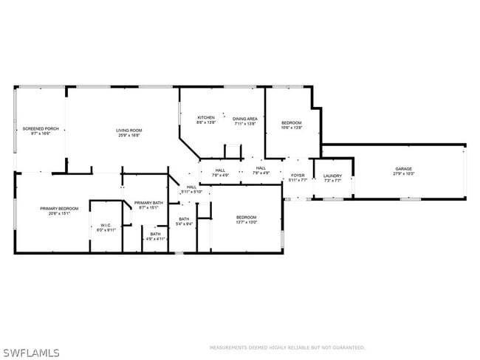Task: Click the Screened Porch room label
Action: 40,128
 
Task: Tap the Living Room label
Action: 128,131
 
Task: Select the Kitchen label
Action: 205,118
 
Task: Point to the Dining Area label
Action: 244,119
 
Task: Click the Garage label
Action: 403,169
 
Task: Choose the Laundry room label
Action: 332,176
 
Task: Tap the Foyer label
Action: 298,176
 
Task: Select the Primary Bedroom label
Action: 59,209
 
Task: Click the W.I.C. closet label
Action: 106,226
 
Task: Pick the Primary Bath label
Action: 148,203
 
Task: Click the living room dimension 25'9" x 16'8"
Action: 128,136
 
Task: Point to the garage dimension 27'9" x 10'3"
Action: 403,174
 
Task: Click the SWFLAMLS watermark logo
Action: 31,353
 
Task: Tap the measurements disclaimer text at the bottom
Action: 287,347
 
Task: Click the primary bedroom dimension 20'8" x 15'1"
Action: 59,214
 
